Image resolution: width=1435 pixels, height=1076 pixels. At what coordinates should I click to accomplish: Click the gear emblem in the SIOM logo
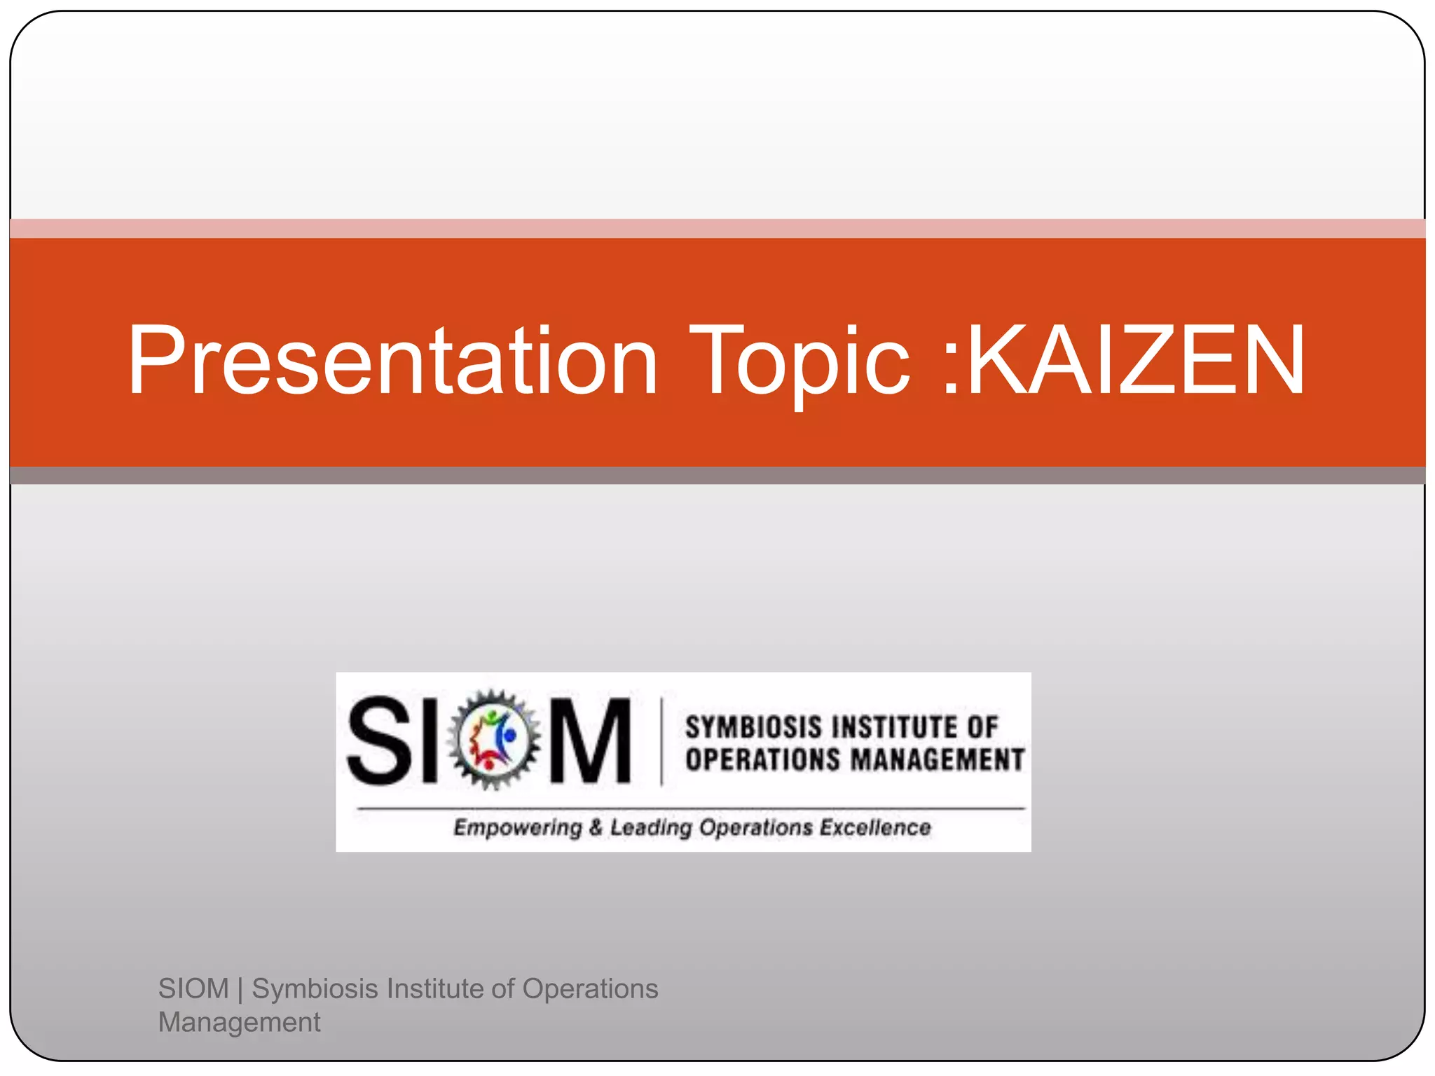(x=494, y=739)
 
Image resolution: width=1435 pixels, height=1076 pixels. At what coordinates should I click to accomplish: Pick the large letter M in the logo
(x=590, y=740)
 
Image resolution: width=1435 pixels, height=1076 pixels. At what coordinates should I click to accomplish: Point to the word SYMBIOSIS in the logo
(x=753, y=727)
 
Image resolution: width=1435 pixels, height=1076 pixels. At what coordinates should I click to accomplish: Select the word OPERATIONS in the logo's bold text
(x=762, y=760)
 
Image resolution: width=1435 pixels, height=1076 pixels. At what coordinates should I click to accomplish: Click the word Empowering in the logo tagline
(x=518, y=828)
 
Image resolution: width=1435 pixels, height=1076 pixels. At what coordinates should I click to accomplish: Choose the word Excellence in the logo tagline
(x=875, y=827)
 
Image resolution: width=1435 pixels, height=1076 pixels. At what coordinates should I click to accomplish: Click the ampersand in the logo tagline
(x=596, y=827)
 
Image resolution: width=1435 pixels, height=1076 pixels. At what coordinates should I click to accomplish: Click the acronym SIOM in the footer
(x=193, y=988)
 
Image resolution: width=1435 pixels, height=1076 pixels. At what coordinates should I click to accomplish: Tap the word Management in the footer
(x=239, y=1022)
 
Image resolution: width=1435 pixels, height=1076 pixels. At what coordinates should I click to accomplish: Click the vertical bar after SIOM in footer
(x=240, y=989)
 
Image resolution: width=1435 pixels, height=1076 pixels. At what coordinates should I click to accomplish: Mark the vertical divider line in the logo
(x=661, y=741)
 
